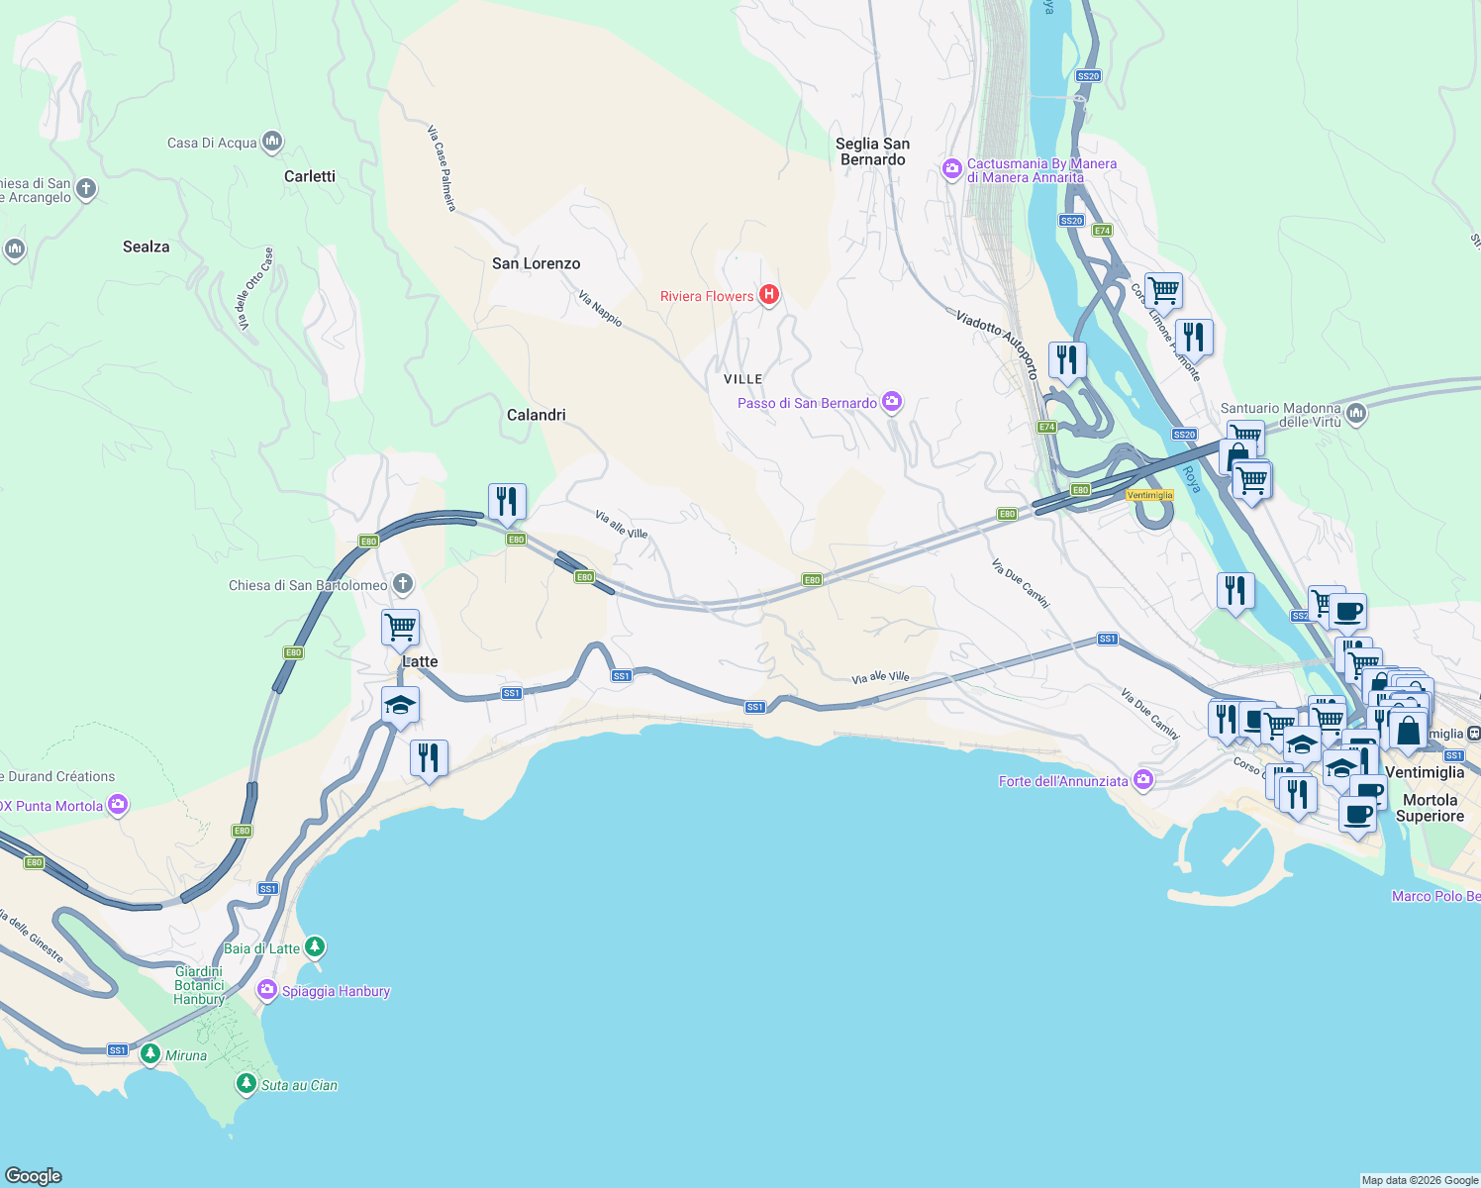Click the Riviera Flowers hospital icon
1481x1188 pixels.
(x=768, y=295)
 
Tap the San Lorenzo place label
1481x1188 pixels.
(x=536, y=263)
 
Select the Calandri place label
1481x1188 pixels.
(x=536, y=415)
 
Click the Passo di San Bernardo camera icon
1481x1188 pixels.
(x=892, y=402)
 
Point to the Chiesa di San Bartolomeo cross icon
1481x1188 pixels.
(x=402, y=584)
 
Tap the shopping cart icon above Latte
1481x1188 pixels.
(x=400, y=627)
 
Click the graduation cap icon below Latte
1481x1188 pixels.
(x=400, y=706)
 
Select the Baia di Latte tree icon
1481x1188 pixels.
(x=315, y=947)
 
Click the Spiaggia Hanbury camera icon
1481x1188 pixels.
(x=266, y=990)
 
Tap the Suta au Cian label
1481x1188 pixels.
(x=299, y=1085)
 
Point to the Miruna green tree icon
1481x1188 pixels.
(x=150, y=1054)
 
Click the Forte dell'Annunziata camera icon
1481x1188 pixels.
(x=1143, y=780)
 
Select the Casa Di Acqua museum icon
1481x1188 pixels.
(x=272, y=142)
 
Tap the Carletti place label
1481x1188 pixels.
(x=309, y=176)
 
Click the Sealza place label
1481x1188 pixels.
(x=146, y=247)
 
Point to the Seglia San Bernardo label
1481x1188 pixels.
(x=872, y=151)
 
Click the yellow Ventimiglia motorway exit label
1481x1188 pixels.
(x=1149, y=495)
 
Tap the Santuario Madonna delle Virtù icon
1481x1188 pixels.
(x=1356, y=413)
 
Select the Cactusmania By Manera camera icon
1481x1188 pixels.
(x=952, y=169)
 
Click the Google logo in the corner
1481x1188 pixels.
(x=34, y=1175)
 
